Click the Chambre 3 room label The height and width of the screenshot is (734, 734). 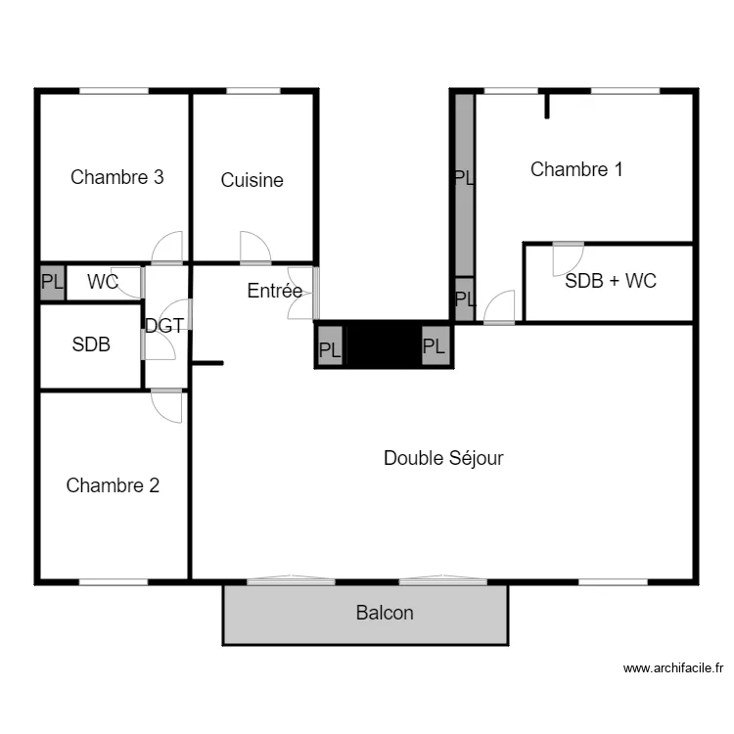pyautogui.click(x=116, y=177)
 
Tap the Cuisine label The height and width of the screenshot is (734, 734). pyautogui.click(x=252, y=180)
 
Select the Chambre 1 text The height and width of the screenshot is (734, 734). pyautogui.click(x=576, y=169)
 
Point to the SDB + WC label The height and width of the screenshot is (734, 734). pyautogui.click(x=611, y=281)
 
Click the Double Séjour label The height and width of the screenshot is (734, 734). pyautogui.click(x=443, y=458)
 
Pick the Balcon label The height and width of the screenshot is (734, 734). pyautogui.click(x=385, y=614)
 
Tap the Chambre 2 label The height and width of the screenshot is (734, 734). pyautogui.click(x=113, y=485)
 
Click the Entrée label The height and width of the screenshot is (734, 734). pyautogui.click(x=274, y=291)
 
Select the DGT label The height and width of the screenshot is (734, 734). pyautogui.click(x=164, y=326)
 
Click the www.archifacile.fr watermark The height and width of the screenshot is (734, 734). pyautogui.click(x=674, y=669)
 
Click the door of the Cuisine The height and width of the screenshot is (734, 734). pyautogui.click(x=255, y=247)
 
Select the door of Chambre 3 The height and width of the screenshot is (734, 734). pyautogui.click(x=167, y=247)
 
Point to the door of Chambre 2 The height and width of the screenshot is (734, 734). pyautogui.click(x=167, y=406)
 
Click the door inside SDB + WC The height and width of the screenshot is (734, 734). pyautogui.click(x=568, y=258)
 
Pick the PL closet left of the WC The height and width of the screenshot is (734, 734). pyautogui.click(x=51, y=283)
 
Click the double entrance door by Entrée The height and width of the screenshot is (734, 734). pyautogui.click(x=302, y=293)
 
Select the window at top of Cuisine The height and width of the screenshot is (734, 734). pyautogui.click(x=253, y=92)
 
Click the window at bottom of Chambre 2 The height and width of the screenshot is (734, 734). pyautogui.click(x=113, y=582)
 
